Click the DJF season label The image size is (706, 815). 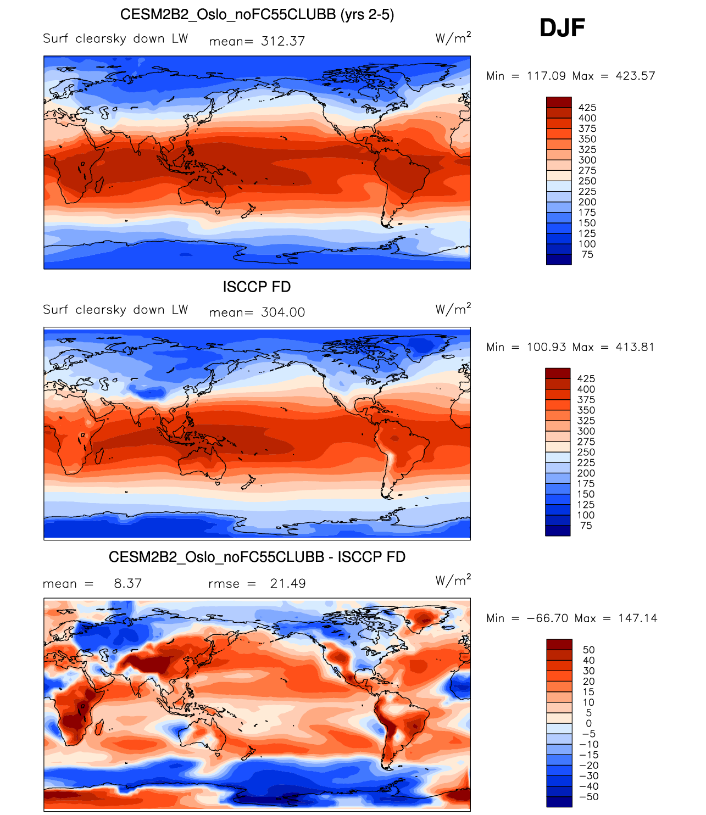tap(562, 28)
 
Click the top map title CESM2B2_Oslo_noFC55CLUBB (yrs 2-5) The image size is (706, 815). tap(257, 14)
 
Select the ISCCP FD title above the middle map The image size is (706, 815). tap(257, 287)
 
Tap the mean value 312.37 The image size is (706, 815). tap(283, 41)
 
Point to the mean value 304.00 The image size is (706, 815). tap(283, 312)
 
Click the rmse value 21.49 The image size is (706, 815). tap(288, 584)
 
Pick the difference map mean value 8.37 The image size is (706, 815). tap(128, 584)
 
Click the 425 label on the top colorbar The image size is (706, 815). tap(587, 108)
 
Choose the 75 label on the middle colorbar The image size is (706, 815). tap(586, 526)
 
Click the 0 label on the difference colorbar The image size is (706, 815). tap(588, 723)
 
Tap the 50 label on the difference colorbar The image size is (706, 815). tap(588, 650)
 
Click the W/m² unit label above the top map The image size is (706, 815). tap(453, 38)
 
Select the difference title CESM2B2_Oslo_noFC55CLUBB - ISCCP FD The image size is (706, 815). tap(257, 557)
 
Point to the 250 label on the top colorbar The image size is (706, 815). tap(587, 181)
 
